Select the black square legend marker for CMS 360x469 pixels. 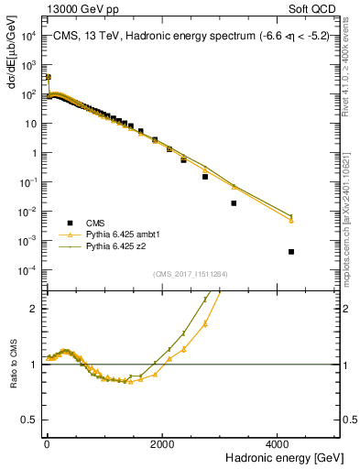tap(68, 223)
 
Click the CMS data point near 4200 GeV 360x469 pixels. tap(291, 252)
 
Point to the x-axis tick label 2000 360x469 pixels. tap(162, 442)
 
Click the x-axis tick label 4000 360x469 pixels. tap(278, 442)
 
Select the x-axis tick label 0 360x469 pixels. tap(46, 442)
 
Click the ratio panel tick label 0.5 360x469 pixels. tap(28, 420)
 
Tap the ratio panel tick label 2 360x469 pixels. tap(33, 309)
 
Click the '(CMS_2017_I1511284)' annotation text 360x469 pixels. tap(191, 273)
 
